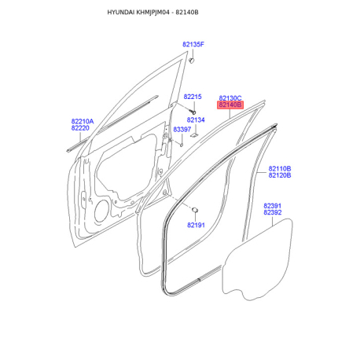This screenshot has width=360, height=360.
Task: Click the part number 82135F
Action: tap(193, 45)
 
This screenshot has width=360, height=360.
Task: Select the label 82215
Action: tap(193, 97)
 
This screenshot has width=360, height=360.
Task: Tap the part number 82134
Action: tap(196, 120)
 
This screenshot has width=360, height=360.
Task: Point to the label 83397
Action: tap(182, 130)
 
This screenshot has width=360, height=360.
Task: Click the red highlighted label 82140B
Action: tap(230, 105)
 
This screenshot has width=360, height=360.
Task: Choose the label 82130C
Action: tap(230, 98)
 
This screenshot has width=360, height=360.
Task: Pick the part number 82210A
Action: tap(83, 121)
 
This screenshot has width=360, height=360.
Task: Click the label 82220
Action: tap(80, 128)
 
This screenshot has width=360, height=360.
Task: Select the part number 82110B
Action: tap(280, 168)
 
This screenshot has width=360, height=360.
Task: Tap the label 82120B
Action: tap(280, 175)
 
